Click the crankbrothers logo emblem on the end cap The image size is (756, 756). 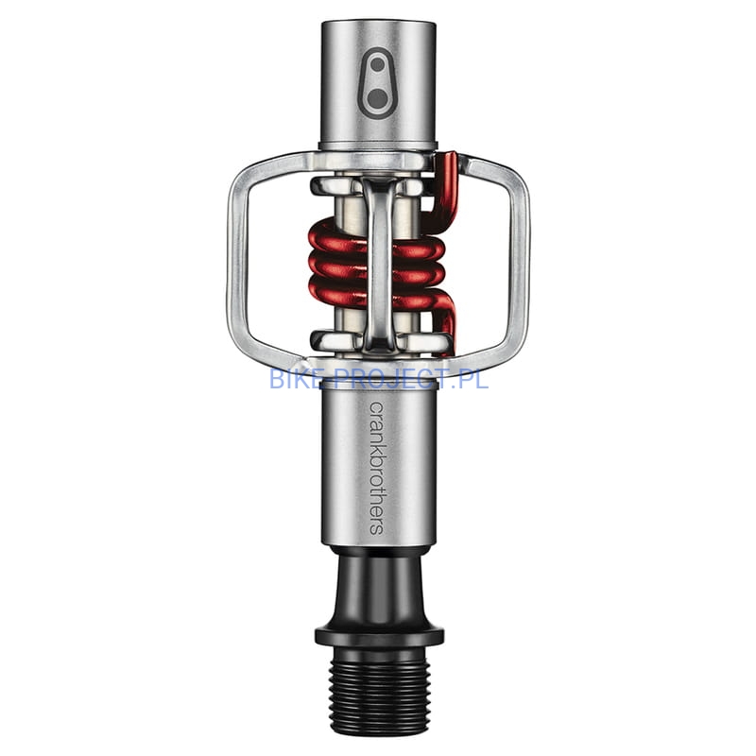pos(378,83)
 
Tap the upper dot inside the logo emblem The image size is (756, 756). pos(378,64)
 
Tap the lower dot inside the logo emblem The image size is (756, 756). pos(377,99)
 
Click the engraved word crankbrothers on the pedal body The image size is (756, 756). pos(376,468)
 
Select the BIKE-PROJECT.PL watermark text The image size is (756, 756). pos(379,379)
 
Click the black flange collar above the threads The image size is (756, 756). pos(379,636)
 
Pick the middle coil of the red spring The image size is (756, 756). pos(376,267)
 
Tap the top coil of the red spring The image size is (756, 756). pos(376,240)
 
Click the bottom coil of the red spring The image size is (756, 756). pos(376,293)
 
